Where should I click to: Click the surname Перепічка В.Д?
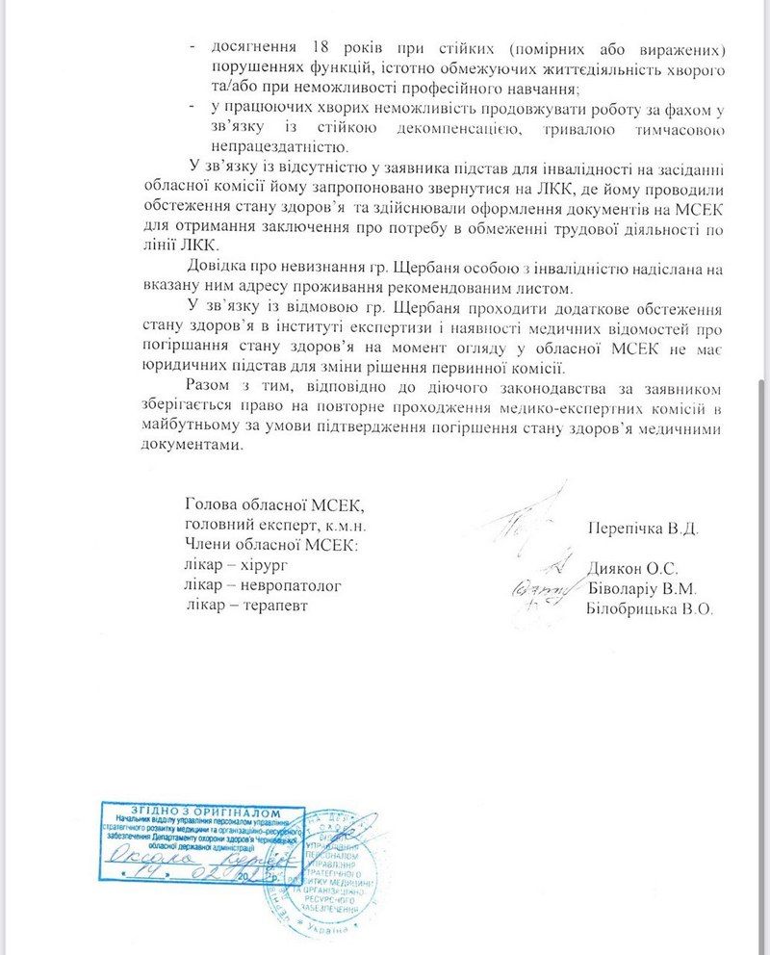click(x=642, y=529)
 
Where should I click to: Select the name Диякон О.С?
click(x=631, y=568)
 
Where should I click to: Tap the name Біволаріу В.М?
click(x=642, y=588)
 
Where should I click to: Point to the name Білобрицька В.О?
click(x=649, y=608)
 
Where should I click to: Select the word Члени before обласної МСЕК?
click(x=207, y=546)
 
